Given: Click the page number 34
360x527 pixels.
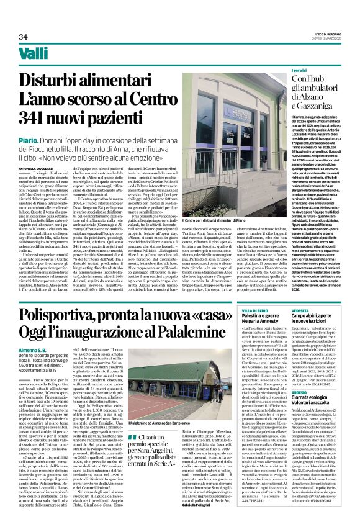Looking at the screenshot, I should (24, 37).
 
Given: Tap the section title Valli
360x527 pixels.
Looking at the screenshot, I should (33, 54).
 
